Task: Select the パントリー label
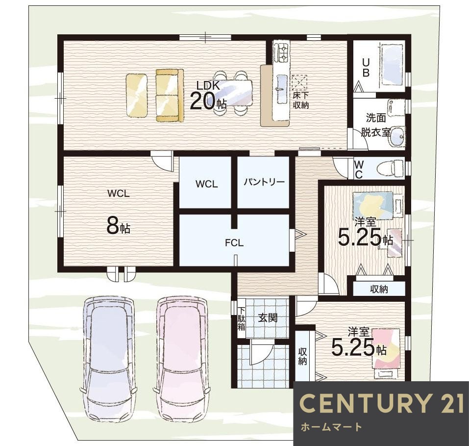264,182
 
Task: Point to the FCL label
234,243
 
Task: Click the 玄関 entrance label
268,318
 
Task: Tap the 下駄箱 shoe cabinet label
242,318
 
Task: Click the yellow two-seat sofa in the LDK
170,96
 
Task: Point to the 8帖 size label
118,226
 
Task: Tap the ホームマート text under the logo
331,426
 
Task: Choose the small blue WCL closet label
207,184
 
